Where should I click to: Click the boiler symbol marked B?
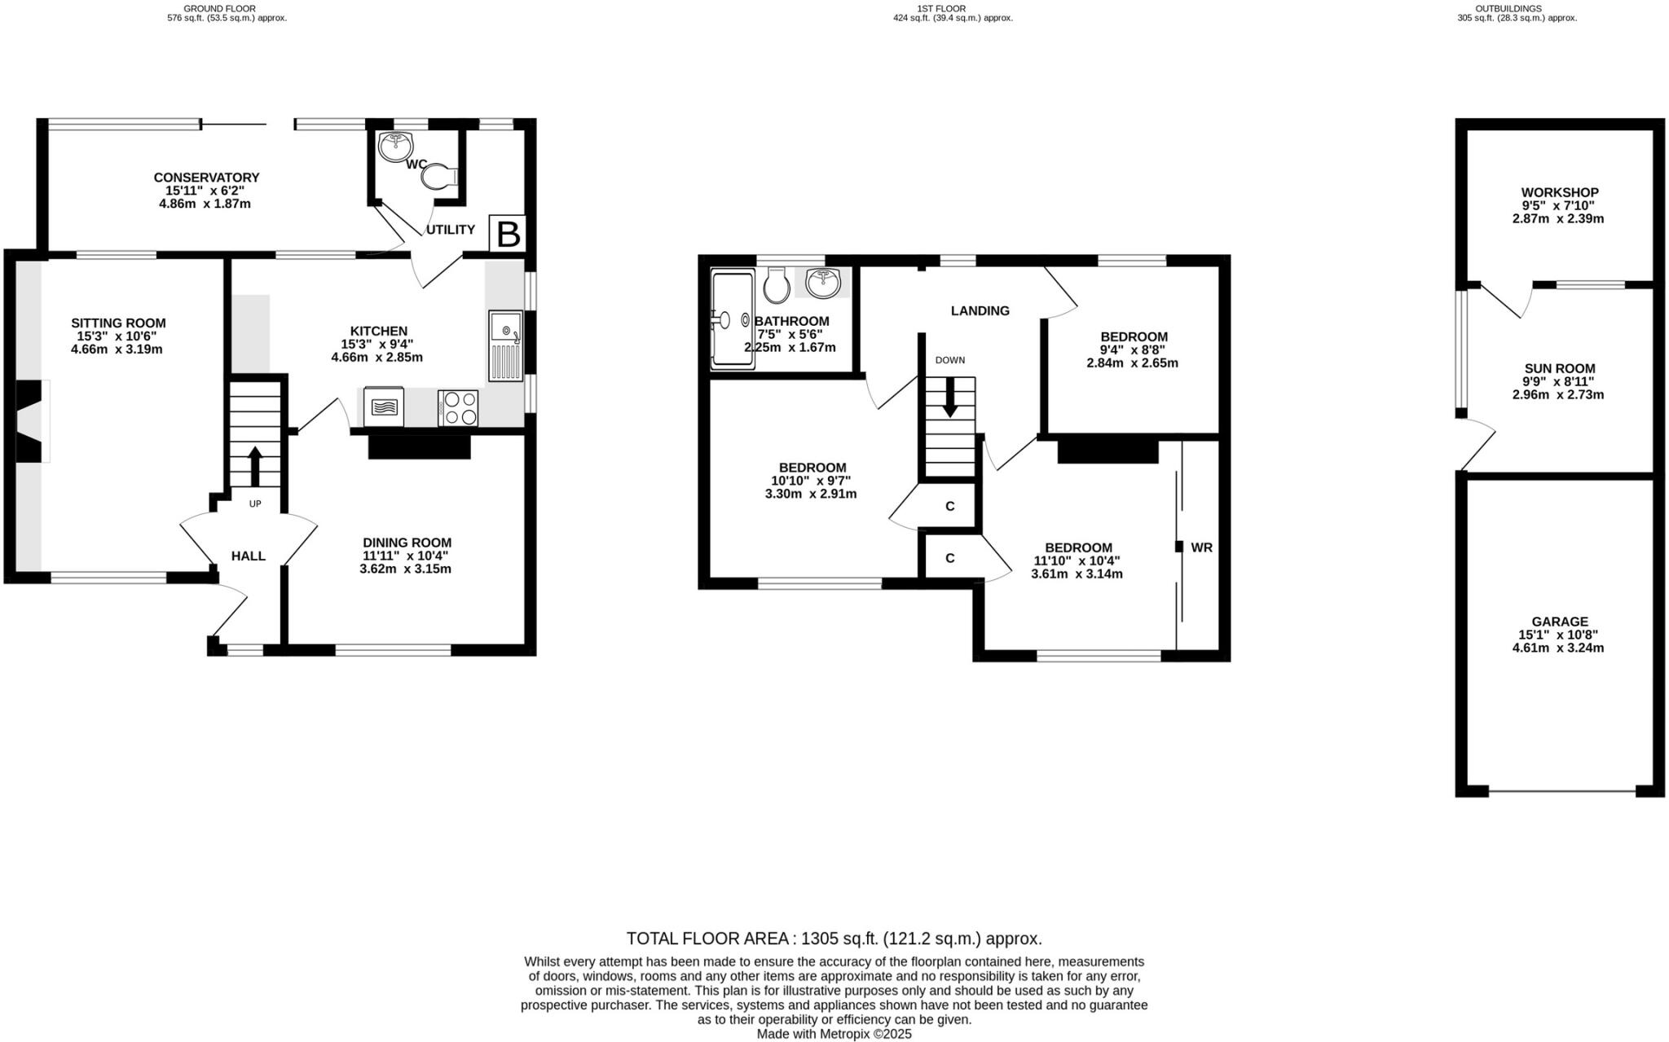click(x=508, y=234)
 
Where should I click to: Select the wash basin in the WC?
click(x=396, y=147)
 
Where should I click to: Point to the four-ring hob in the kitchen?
click(x=458, y=408)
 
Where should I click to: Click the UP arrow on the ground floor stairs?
click(x=254, y=465)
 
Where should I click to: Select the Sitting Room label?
click(x=118, y=323)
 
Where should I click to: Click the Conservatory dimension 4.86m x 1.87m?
click(x=205, y=204)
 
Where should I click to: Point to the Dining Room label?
click(x=407, y=543)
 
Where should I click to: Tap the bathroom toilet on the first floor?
click(x=777, y=285)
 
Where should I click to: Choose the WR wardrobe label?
click(x=1202, y=547)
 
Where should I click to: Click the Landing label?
click(x=980, y=310)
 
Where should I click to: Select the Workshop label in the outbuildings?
click(x=1559, y=193)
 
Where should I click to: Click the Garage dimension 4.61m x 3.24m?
click(x=1558, y=649)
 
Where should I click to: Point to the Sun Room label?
click(x=1559, y=368)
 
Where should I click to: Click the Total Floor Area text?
click(x=834, y=938)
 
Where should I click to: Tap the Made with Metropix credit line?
click(x=834, y=1034)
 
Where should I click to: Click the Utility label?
click(x=450, y=230)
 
